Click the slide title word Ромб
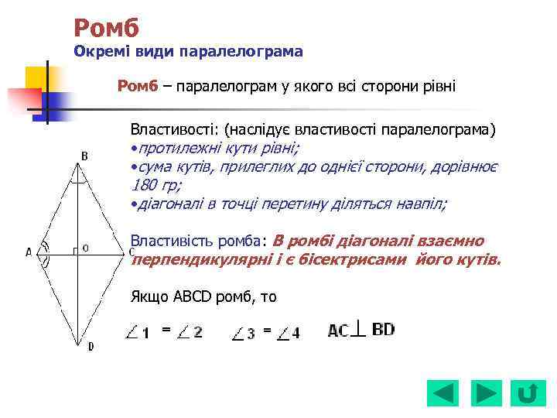(106, 28)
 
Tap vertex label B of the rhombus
(84, 156)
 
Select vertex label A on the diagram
(29, 252)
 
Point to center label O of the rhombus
(85, 248)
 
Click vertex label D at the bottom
(91, 346)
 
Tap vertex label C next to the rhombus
(132, 251)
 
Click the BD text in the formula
(383, 329)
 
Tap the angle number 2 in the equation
(199, 332)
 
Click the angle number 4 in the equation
(296, 333)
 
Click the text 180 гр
(155, 186)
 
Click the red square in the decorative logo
(23, 101)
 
